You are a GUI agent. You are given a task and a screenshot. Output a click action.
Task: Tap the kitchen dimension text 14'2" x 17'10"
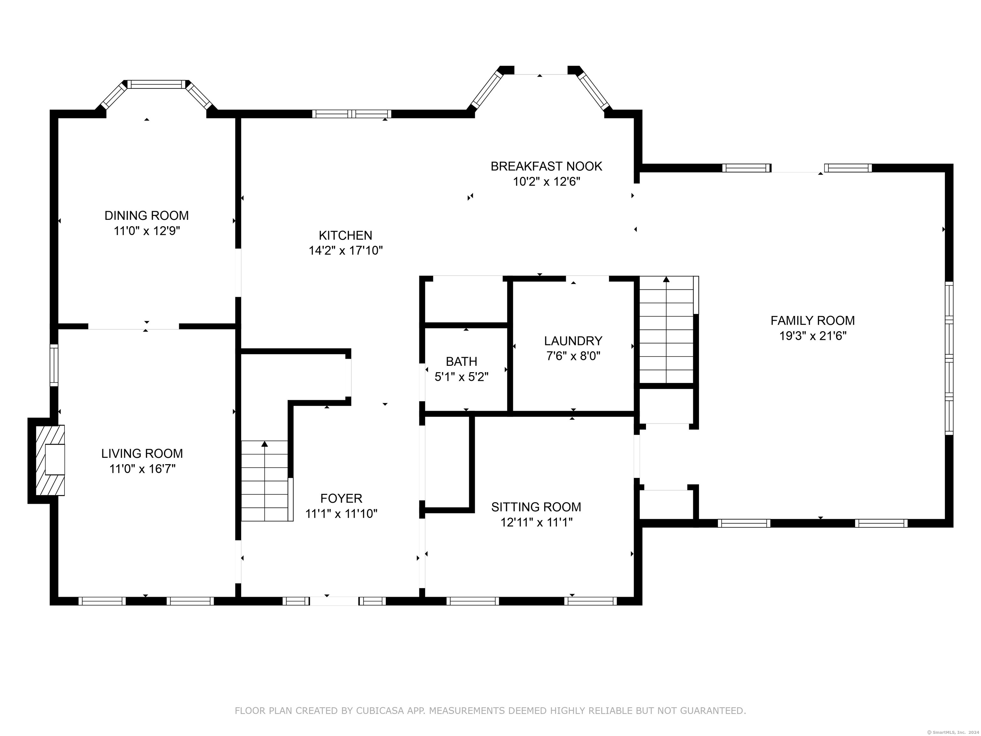[x=346, y=251]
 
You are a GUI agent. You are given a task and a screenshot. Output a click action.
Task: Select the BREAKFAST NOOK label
[x=546, y=166]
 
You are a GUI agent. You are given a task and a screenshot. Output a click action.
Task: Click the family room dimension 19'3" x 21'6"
[x=813, y=336]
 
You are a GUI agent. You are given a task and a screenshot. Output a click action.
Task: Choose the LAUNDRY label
[x=573, y=341]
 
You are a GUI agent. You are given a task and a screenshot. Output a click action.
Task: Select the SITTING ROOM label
[x=536, y=507]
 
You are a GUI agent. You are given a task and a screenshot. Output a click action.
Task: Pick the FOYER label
[x=341, y=498]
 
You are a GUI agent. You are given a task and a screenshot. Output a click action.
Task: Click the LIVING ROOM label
[x=142, y=453]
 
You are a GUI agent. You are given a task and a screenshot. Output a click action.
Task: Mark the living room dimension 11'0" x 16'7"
[x=142, y=469]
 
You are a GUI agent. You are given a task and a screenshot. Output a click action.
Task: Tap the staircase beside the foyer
[x=267, y=480]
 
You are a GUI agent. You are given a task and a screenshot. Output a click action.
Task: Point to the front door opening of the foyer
[x=334, y=601]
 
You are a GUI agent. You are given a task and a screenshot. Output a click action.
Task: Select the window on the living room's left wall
[x=54, y=365]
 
